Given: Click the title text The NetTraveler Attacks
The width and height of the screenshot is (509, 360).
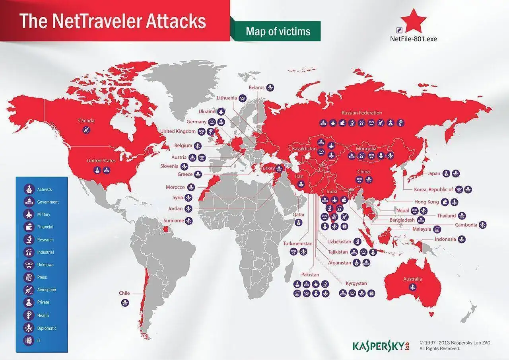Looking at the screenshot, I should coord(113,21).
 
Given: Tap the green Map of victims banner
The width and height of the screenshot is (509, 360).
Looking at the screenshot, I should coord(278,31).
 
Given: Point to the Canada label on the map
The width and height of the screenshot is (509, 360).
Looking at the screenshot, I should coord(86,120).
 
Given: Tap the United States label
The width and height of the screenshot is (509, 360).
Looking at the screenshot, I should coord(101,161).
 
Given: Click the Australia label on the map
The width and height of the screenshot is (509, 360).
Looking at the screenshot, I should coord(412,279).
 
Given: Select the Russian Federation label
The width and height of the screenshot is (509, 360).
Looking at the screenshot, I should coord(361,113).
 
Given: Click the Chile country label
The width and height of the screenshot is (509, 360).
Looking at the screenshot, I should coord(124,293).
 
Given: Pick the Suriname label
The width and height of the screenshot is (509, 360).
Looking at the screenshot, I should coord(174,220).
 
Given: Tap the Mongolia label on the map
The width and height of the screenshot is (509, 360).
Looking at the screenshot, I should coord(366,149).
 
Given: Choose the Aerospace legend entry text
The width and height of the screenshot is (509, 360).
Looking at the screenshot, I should coord(47,290).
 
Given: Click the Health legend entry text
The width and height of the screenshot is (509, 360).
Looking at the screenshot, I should coord(43,315).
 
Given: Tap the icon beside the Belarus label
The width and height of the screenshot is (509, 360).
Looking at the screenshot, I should coord(270,88).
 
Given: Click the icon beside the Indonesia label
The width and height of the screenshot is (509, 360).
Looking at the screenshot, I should coord(461,239).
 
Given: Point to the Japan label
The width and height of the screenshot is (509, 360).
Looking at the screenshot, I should coord(434,173).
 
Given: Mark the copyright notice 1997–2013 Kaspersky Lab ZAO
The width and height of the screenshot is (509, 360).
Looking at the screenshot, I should coord(455,342).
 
